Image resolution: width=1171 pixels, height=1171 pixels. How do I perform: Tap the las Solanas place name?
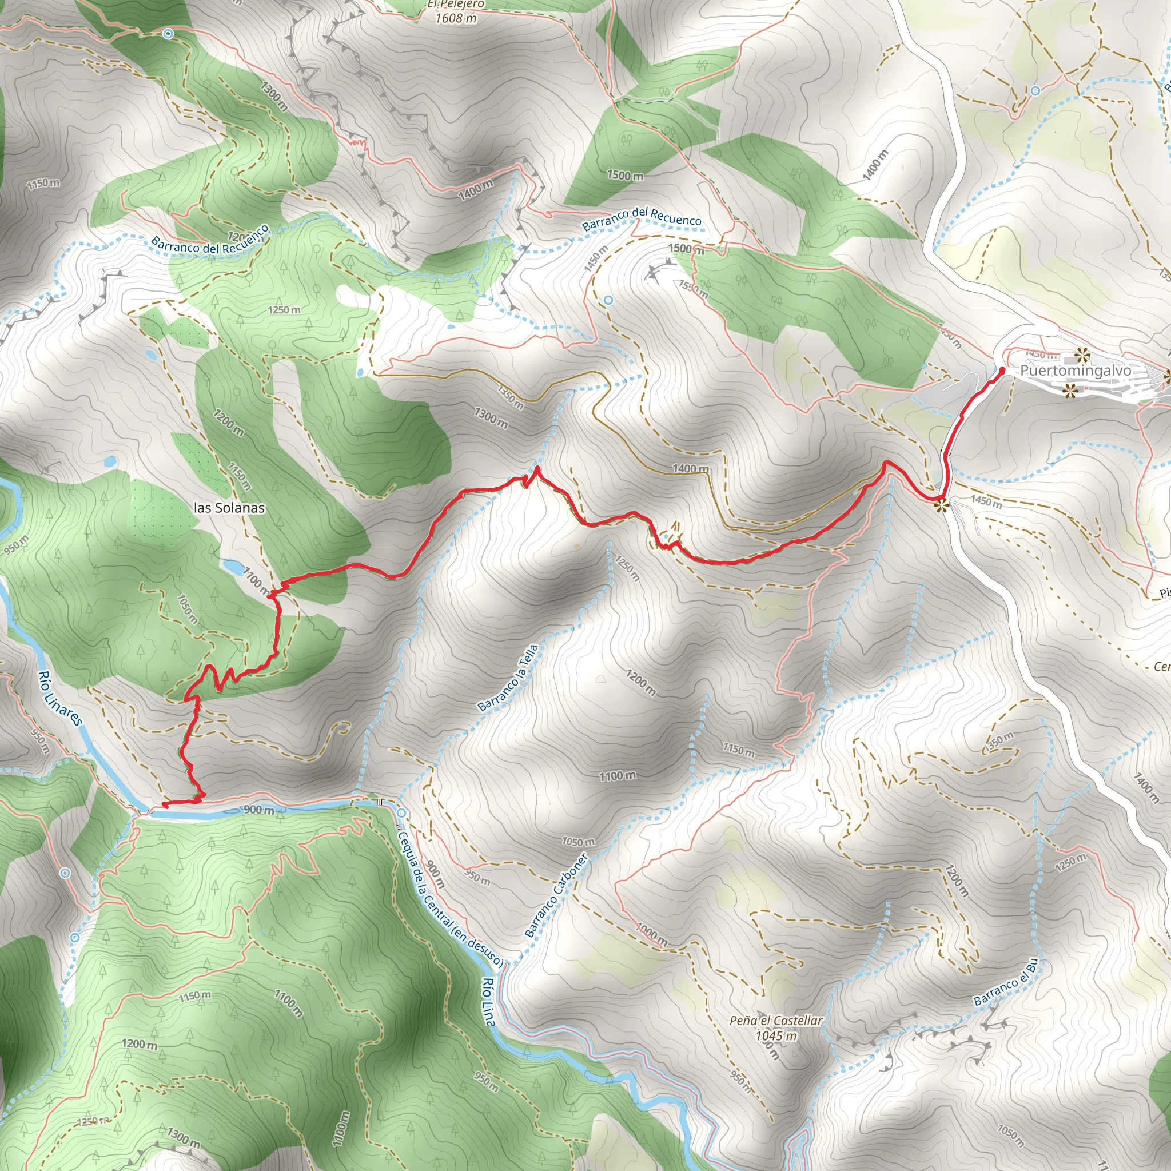229,508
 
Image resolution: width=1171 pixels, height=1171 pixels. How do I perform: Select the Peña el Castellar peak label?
776,1021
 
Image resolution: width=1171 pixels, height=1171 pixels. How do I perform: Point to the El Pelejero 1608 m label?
456,11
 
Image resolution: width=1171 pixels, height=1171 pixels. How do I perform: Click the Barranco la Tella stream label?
508,678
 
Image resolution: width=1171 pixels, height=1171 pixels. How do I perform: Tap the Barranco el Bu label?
1006,982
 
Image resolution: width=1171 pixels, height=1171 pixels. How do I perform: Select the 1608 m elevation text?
456,18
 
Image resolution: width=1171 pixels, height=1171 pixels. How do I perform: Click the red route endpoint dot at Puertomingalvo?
1002,370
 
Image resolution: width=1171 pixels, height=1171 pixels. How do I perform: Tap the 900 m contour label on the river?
259,810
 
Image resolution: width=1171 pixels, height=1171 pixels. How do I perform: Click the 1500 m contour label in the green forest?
625,176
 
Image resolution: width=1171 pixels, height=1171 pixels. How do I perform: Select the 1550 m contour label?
693,289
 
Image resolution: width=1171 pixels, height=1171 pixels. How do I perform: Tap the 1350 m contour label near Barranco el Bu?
998,743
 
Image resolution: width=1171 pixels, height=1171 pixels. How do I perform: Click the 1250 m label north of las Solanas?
284,310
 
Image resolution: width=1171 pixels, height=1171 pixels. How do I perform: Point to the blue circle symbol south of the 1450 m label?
608,300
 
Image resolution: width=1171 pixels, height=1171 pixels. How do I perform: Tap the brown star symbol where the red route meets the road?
941,505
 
